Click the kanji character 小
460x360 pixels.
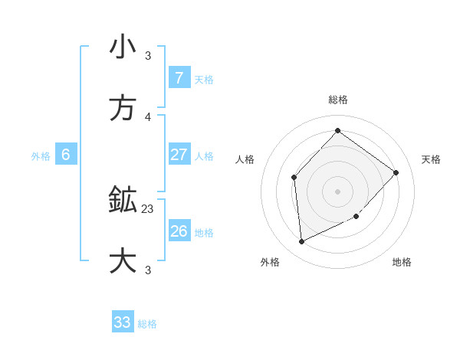(x=123, y=47)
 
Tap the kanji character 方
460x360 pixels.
(x=123, y=109)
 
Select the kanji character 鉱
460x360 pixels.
(x=123, y=201)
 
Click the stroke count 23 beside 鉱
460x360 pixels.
(x=148, y=208)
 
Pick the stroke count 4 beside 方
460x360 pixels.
(x=148, y=116)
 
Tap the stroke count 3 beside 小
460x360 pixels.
(x=148, y=55)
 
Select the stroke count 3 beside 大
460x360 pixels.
(x=148, y=270)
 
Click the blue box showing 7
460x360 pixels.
(x=179, y=78)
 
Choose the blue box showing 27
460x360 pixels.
(x=179, y=155)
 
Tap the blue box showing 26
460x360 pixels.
(x=179, y=231)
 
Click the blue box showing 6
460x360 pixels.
(x=66, y=155)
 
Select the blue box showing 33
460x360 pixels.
(x=123, y=322)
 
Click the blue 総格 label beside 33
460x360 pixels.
(x=147, y=324)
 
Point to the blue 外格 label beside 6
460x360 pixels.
(x=41, y=156)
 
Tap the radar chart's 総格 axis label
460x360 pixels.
(x=337, y=100)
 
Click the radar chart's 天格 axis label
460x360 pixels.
(x=431, y=159)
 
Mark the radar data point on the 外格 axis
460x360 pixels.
(x=301, y=242)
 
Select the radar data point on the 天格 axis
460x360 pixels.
(x=396, y=172)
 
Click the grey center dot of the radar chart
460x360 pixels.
(x=337, y=191)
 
